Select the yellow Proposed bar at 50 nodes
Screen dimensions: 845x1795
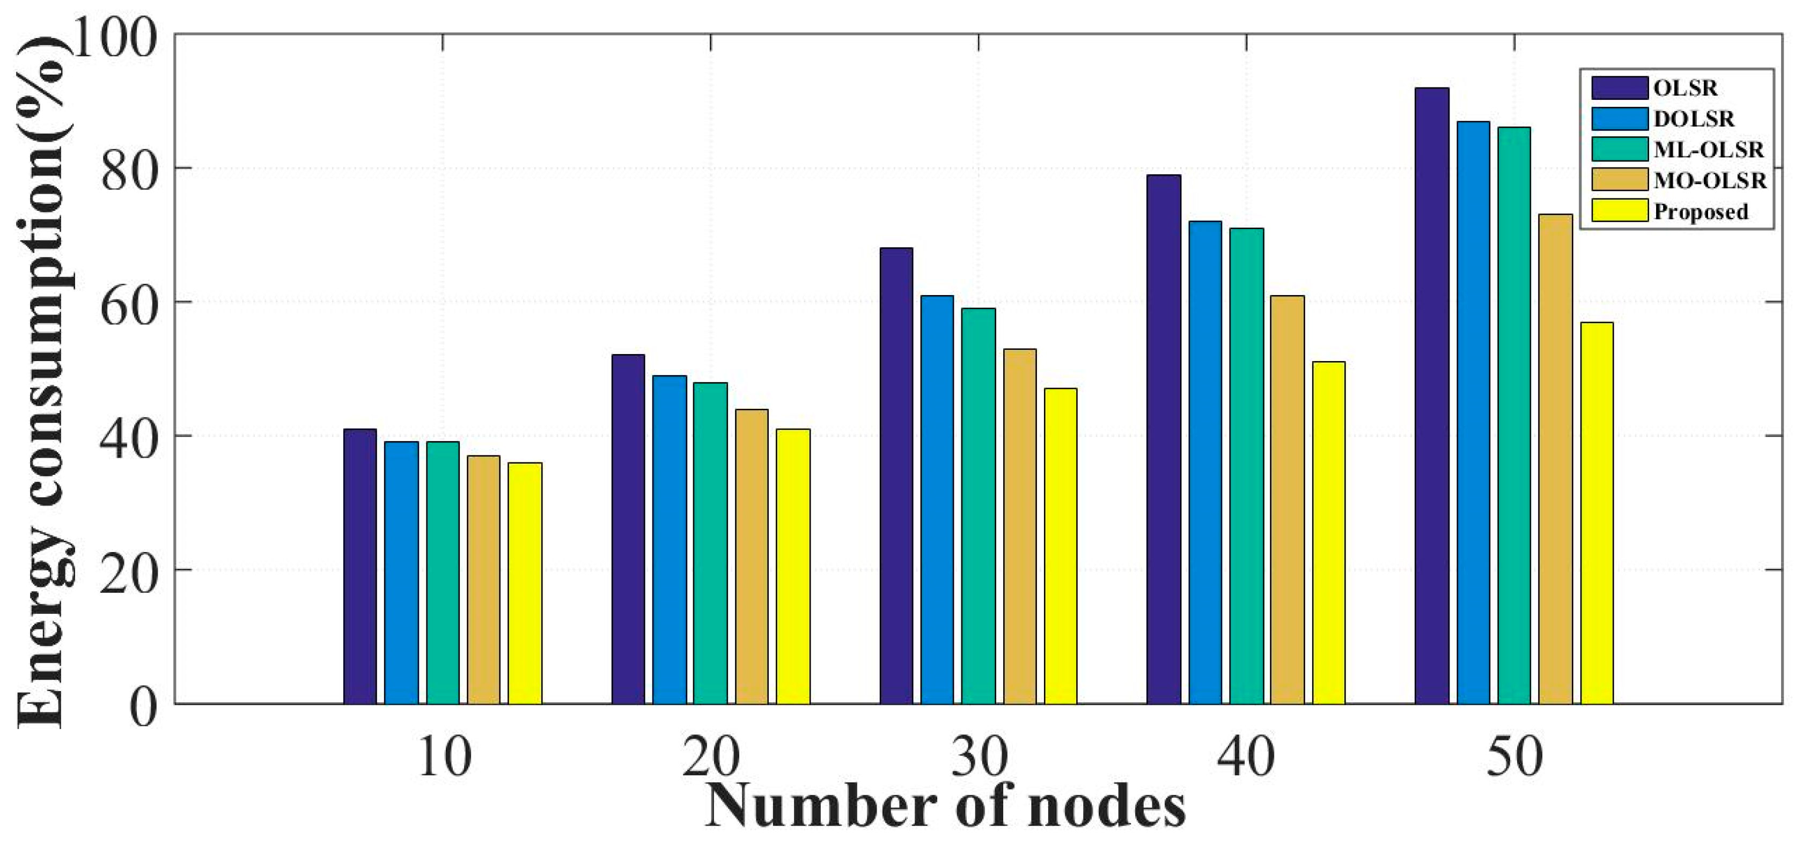tap(1597, 513)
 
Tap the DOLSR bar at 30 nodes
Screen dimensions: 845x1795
tap(937, 499)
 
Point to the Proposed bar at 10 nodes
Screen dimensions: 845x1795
tap(525, 583)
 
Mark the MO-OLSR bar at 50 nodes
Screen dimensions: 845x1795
tap(1555, 459)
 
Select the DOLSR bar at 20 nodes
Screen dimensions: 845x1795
tap(670, 540)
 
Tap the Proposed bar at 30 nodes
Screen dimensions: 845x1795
tap(1061, 546)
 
